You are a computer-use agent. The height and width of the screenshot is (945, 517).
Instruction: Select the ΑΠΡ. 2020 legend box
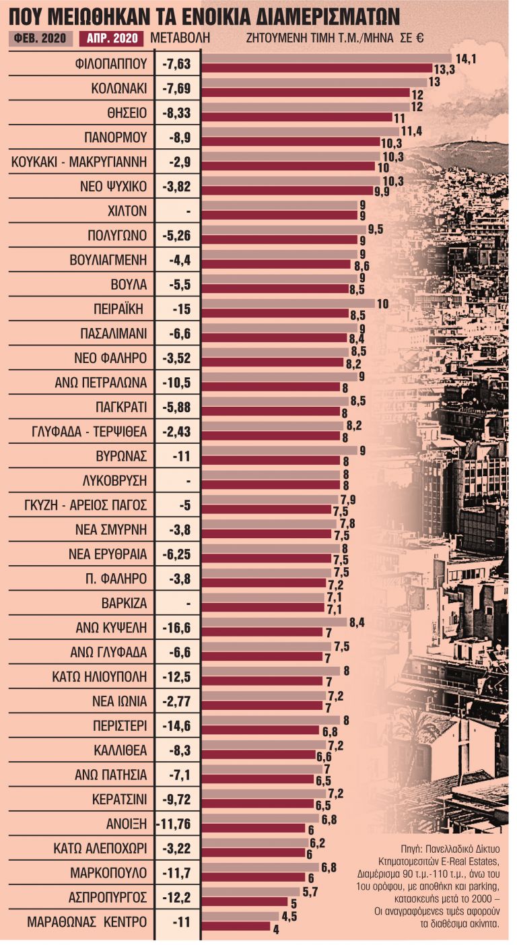(111, 38)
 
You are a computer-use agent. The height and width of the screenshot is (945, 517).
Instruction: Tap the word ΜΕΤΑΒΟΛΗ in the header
(178, 38)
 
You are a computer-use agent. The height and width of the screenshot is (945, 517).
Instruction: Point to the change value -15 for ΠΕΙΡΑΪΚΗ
(178, 309)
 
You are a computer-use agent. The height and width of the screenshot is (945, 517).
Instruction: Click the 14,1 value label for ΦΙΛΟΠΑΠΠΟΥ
(465, 59)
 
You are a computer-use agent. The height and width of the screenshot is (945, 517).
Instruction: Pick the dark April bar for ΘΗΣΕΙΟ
(297, 117)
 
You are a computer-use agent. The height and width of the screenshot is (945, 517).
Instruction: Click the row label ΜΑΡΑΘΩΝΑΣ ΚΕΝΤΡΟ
(87, 921)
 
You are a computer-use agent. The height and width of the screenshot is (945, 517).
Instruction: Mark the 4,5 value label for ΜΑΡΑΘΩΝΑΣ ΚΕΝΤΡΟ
(289, 915)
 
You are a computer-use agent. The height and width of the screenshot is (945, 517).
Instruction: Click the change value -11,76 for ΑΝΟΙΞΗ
(178, 824)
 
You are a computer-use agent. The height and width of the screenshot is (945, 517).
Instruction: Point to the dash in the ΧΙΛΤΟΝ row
(188, 211)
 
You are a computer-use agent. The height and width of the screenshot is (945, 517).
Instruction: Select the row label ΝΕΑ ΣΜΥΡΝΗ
(113, 529)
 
